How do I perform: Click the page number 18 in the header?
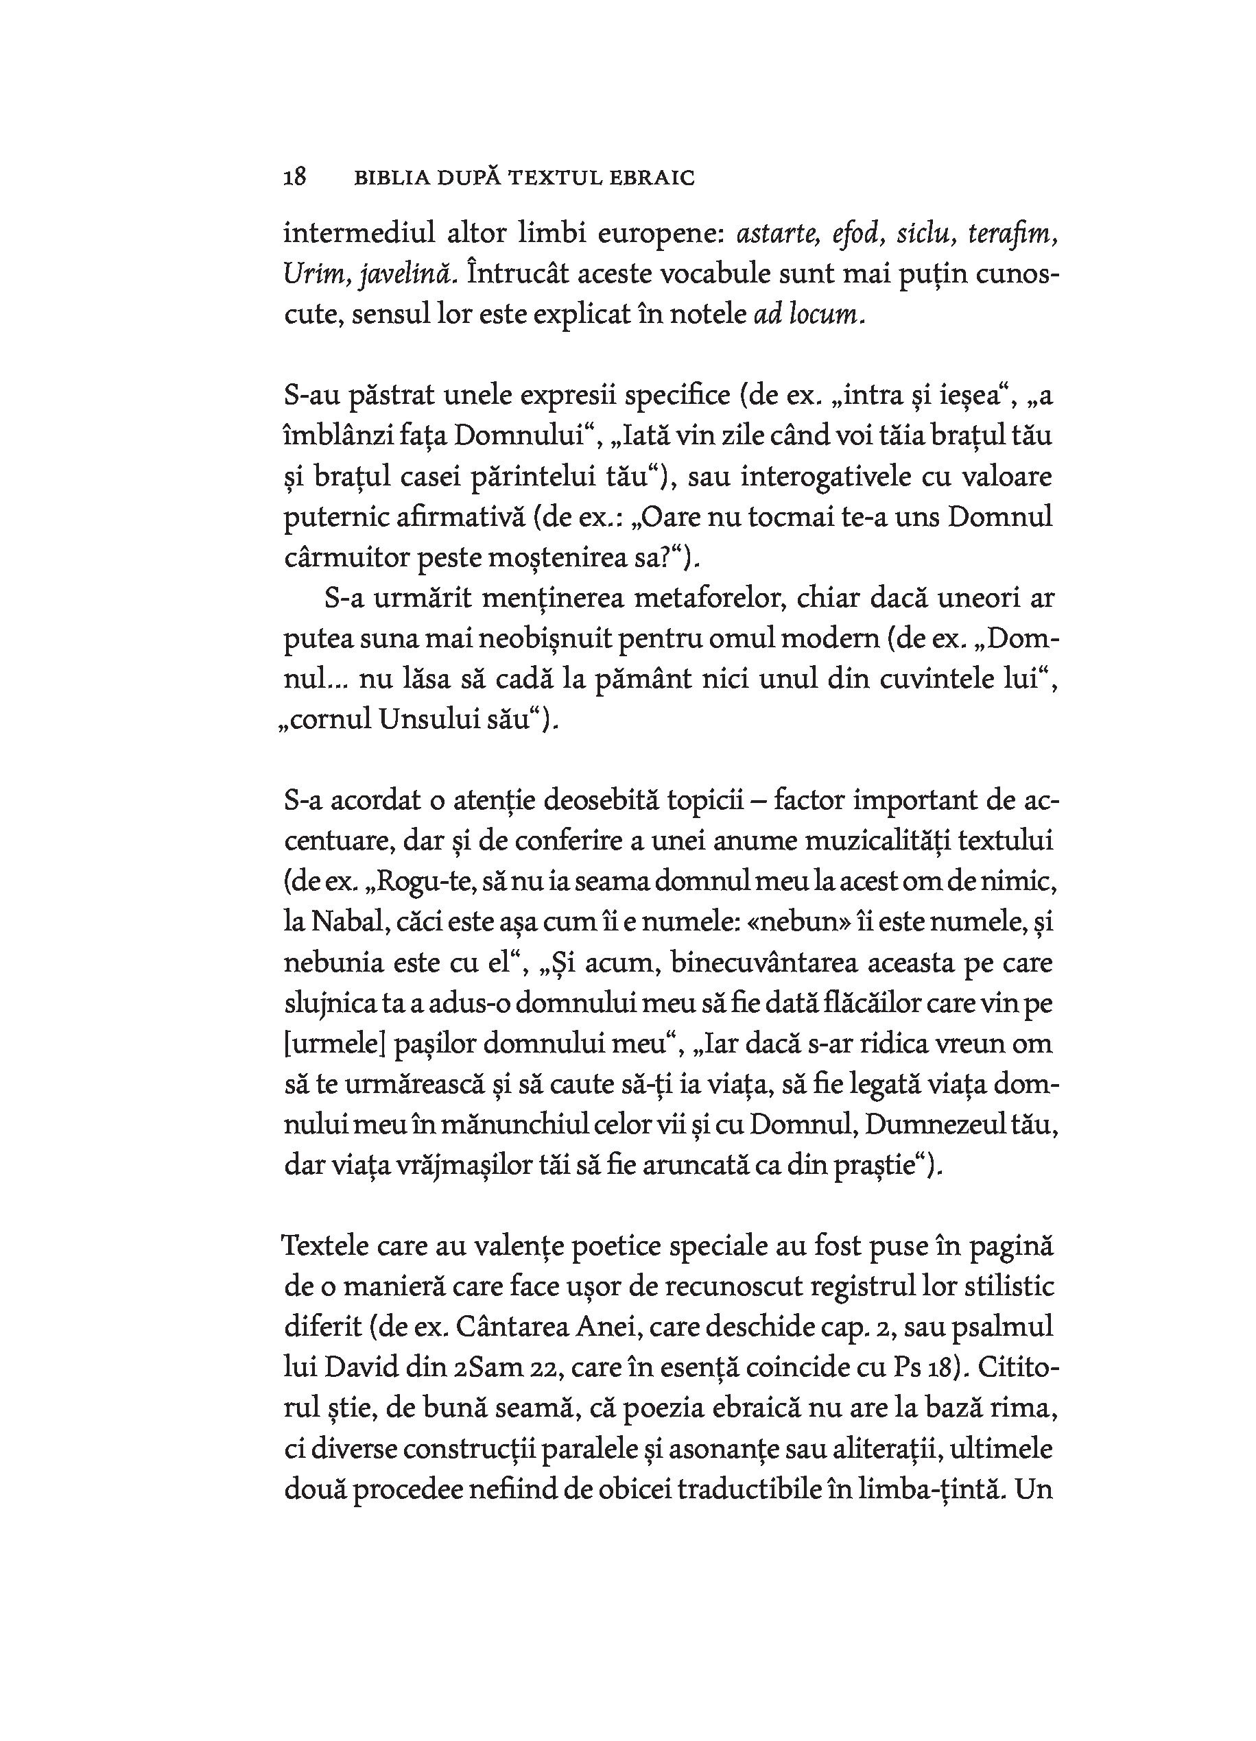[295, 178]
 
